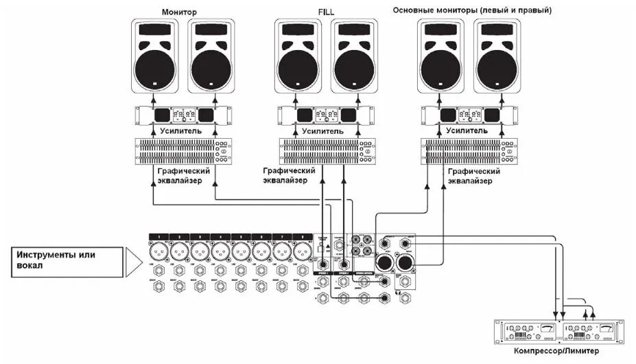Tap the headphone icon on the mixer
click(x=397, y=294)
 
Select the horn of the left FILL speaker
click(x=298, y=32)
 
